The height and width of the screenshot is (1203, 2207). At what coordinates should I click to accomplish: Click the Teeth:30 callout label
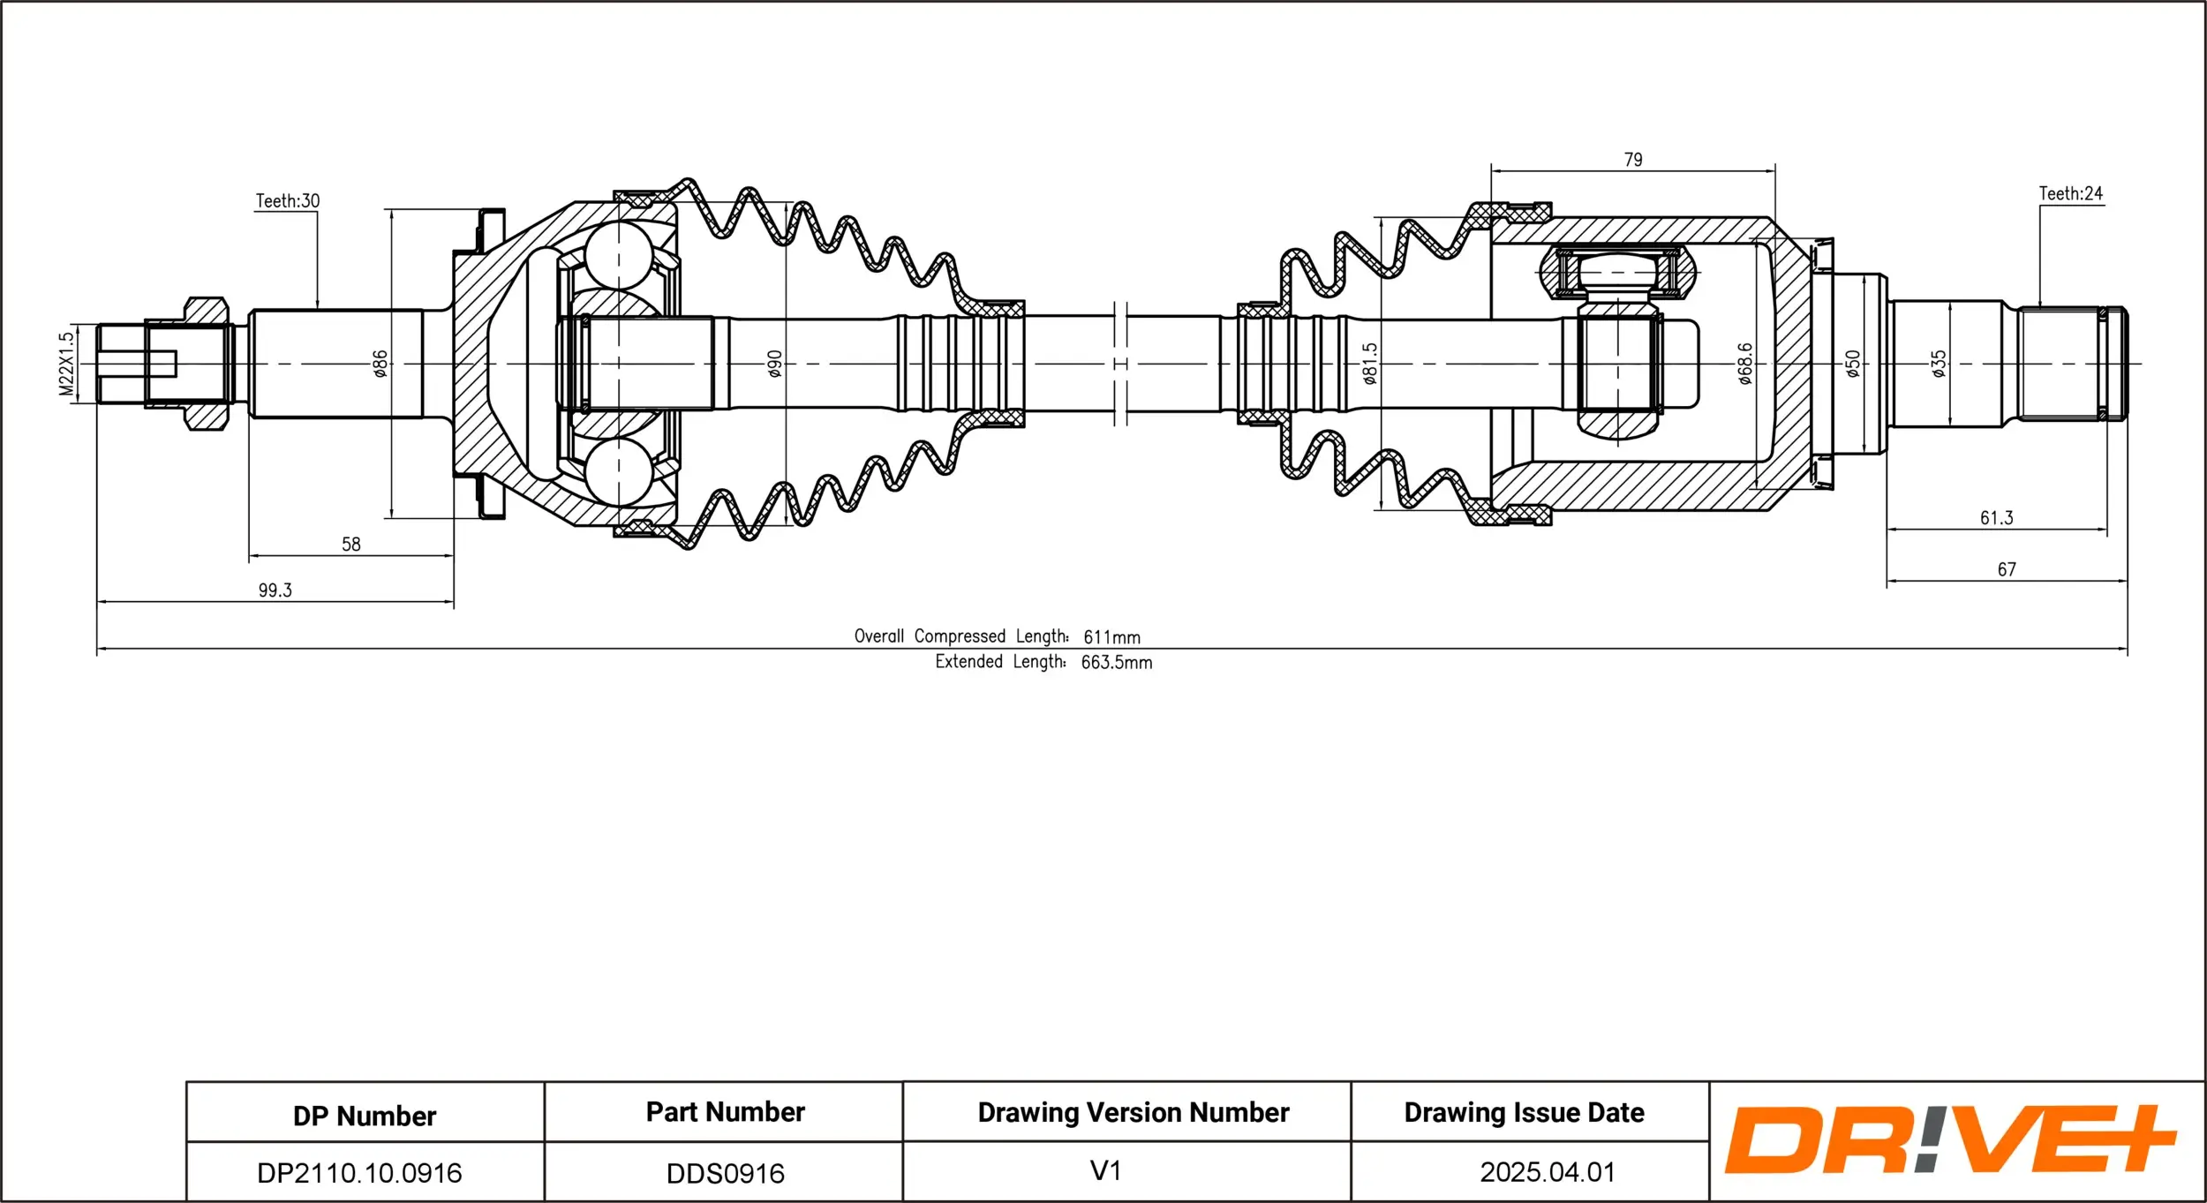click(288, 201)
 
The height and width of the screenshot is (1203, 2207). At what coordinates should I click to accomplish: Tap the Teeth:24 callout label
click(2070, 193)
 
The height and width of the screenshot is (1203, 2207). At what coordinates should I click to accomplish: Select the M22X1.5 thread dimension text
click(67, 364)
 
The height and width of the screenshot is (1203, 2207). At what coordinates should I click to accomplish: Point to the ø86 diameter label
click(380, 364)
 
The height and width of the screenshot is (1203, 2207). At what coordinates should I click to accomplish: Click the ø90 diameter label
click(774, 364)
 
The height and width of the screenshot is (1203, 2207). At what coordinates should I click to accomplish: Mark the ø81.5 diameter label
click(1369, 364)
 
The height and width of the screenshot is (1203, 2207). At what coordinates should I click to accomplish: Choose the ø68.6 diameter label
click(1745, 364)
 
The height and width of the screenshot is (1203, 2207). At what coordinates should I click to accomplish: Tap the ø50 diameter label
click(1853, 364)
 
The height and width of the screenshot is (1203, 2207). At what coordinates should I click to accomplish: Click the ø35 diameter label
click(1939, 364)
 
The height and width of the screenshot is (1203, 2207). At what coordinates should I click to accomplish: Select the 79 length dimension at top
click(1633, 160)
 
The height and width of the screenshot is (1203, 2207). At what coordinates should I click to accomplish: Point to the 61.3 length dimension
click(1996, 518)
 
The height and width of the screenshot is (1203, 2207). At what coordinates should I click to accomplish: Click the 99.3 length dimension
click(275, 590)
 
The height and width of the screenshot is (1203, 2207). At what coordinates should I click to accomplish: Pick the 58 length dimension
click(351, 545)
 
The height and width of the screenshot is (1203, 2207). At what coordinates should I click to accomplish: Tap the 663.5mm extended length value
click(1116, 663)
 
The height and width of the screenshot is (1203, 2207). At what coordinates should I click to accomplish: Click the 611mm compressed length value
click(1111, 637)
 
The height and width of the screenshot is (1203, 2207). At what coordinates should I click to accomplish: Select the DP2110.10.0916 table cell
click(359, 1173)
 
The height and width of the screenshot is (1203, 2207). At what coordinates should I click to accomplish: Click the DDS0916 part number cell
click(725, 1173)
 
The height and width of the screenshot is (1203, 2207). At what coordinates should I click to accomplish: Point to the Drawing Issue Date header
click(1524, 1113)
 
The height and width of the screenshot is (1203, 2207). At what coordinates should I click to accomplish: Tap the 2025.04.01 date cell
click(1547, 1172)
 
